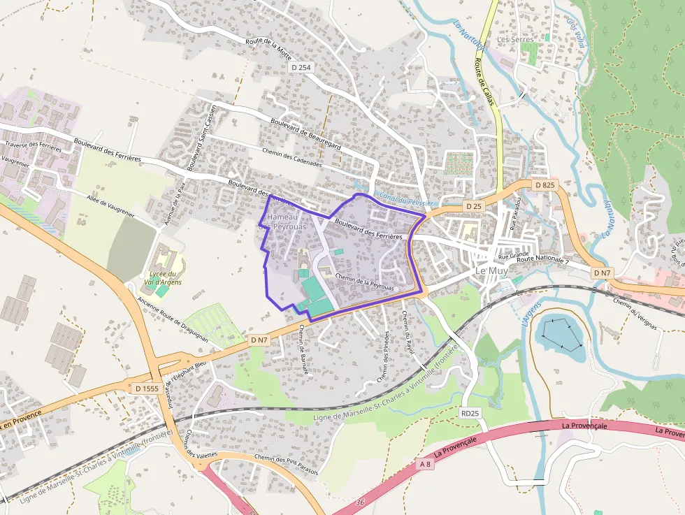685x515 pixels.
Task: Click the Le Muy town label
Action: tap(491, 270)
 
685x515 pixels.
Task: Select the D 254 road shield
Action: tap(301, 67)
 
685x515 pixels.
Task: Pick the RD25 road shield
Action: tap(470, 414)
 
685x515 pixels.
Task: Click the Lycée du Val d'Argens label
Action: tap(166, 277)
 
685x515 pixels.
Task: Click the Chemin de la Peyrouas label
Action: tap(364, 282)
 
